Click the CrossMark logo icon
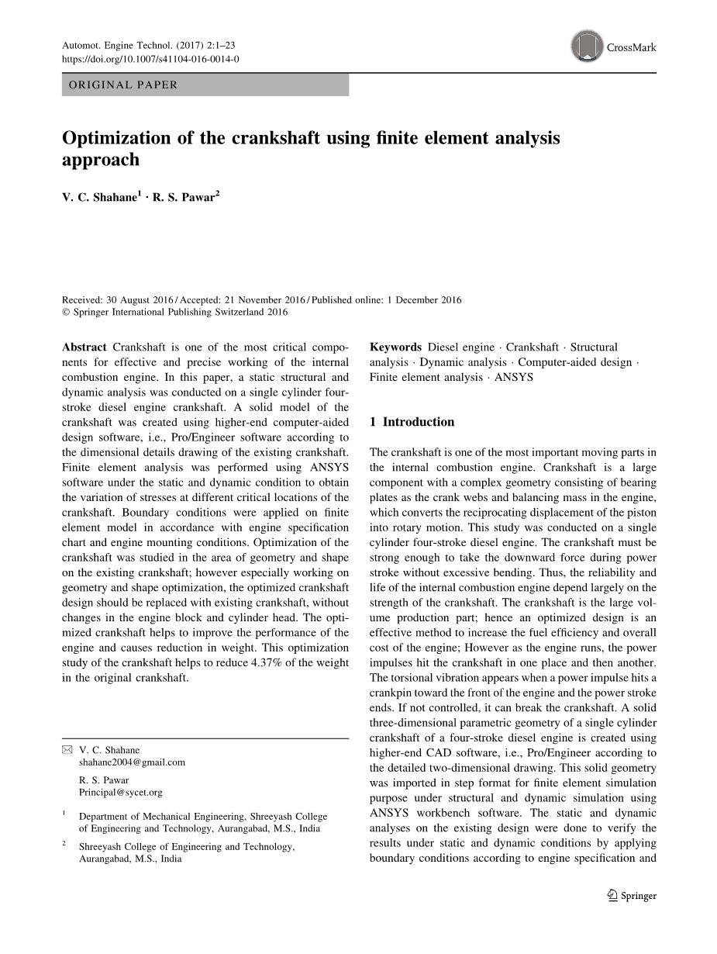click(587, 47)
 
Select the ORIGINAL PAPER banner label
click(123, 85)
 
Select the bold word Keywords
click(395, 347)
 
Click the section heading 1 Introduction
click(412, 422)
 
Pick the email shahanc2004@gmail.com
click(132, 762)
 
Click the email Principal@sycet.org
click(121, 792)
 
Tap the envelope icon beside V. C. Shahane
click(67, 750)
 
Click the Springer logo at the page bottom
click(632, 896)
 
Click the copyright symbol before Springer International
click(66, 313)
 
